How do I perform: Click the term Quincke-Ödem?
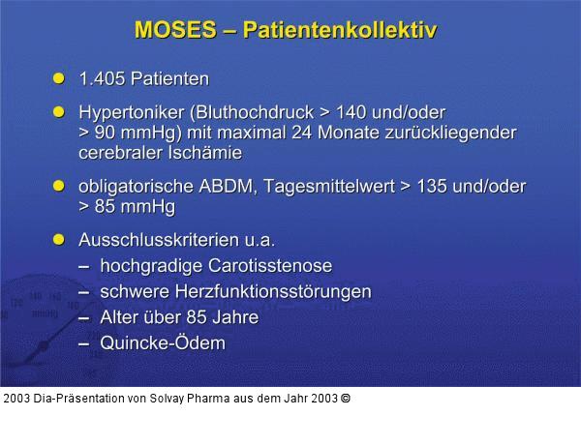point(163,343)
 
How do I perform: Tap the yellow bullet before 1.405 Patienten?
point(58,77)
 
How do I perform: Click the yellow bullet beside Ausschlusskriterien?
point(58,238)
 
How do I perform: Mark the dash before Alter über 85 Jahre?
point(84,317)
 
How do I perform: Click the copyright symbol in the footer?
point(346,398)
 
